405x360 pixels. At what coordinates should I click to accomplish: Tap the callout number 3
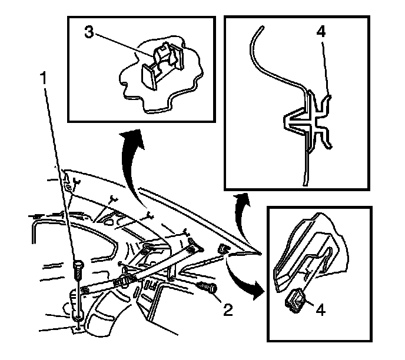click(x=88, y=33)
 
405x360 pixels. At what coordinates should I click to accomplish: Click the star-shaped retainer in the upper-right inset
click(x=309, y=123)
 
